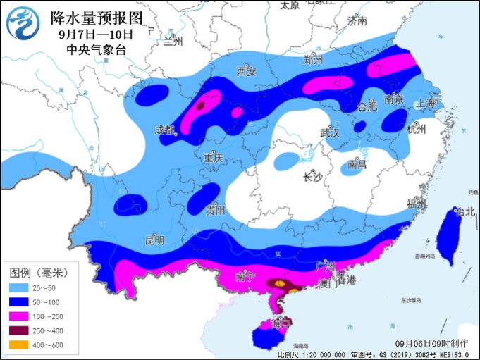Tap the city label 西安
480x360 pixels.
pyautogui.click(x=246, y=71)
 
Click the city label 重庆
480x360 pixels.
pyautogui.click(x=213, y=159)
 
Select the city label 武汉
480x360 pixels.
pyautogui.click(x=329, y=132)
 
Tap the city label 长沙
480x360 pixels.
pyautogui.click(x=312, y=178)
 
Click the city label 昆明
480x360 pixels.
pyautogui.click(x=154, y=240)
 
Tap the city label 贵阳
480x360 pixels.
pyautogui.click(x=216, y=210)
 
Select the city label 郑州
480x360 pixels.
pyautogui.click(x=313, y=60)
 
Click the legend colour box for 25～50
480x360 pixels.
pyautogui.click(x=20, y=287)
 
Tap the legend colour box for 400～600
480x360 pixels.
pyautogui.click(x=20, y=345)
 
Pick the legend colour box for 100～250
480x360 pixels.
pyautogui.click(x=20, y=316)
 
